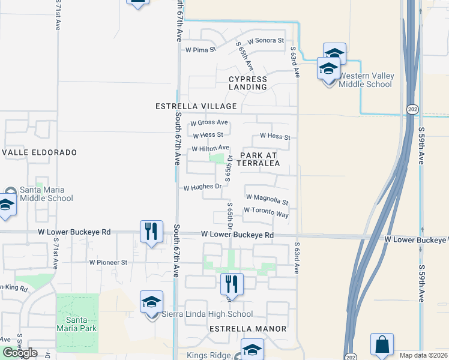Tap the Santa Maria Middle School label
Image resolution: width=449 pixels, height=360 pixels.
point(46,194)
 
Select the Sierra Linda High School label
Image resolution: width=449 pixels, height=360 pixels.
point(207,314)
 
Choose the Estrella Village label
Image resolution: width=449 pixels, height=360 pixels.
point(196,106)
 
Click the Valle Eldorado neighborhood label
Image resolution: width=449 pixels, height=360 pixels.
point(39,153)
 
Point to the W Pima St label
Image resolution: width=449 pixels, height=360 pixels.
point(200,50)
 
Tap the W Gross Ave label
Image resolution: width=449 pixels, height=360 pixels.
point(209,122)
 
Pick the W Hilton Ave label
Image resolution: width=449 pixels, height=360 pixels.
point(210,148)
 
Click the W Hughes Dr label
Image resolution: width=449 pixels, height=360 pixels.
point(202,187)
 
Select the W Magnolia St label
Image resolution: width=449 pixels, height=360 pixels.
point(267,199)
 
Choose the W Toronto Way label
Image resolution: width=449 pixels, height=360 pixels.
point(266,212)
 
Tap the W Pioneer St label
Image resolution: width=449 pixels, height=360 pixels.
point(108,262)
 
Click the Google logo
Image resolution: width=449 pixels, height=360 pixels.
point(20,353)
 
